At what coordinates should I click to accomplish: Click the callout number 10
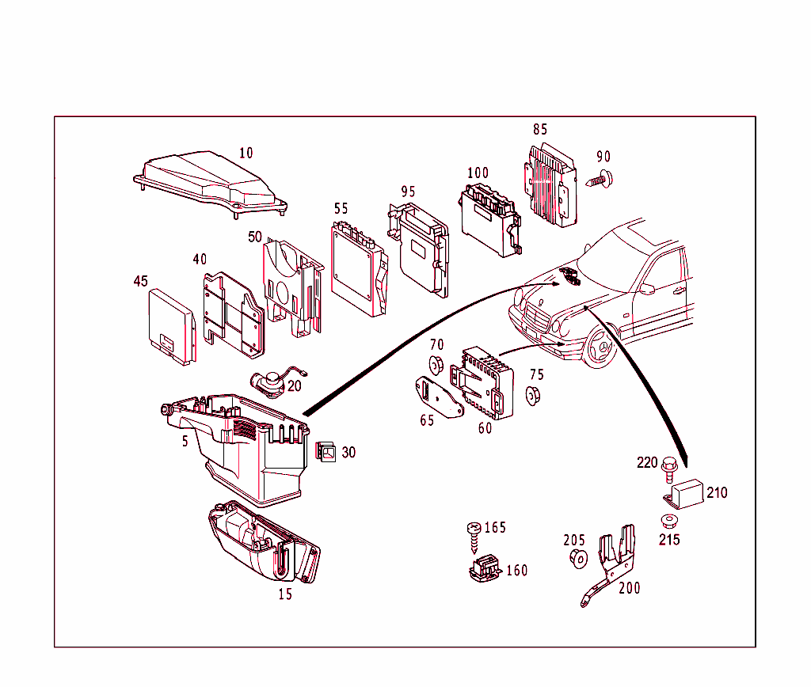(x=246, y=153)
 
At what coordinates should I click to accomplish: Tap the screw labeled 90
(x=601, y=179)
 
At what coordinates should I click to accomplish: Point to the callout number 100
(x=478, y=173)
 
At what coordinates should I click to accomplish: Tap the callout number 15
(x=285, y=594)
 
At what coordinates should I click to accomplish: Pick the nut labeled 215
(x=668, y=522)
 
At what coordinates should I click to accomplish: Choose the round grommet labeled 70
(x=436, y=366)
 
